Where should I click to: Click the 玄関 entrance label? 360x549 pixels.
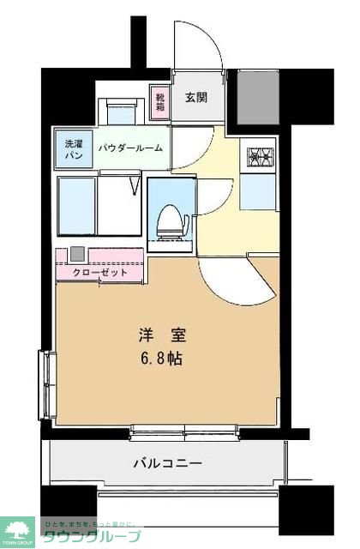point(195,98)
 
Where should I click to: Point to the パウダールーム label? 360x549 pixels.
point(129,148)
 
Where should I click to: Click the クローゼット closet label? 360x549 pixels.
point(99,273)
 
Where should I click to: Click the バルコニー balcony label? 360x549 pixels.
point(167,464)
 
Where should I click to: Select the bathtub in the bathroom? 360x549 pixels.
point(76,206)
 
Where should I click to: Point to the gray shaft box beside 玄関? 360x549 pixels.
point(258,97)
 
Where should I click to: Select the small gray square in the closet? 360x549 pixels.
point(77,254)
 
